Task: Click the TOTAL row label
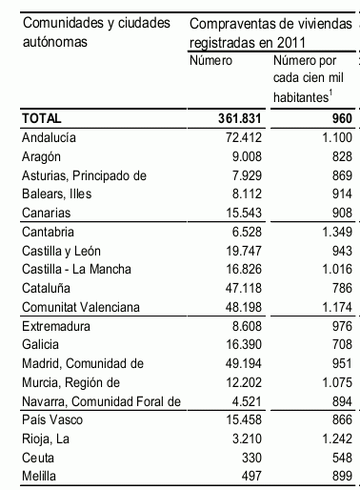[42, 119]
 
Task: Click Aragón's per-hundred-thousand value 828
[339, 155]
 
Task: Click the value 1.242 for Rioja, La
[335, 436]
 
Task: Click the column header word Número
[211, 61]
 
